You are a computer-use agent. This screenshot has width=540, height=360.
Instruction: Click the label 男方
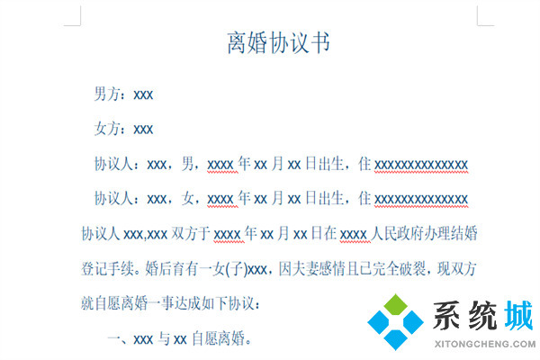coord(109,94)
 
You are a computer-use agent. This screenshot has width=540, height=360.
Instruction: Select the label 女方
coord(109,130)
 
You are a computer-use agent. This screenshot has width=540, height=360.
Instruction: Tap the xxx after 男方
coord(143,94)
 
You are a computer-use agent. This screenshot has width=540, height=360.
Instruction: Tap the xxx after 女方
coord(143,130)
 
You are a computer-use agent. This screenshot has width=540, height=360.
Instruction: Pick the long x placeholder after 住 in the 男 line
coord(421,165)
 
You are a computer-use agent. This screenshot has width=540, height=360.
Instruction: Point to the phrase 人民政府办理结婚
coord(424,233)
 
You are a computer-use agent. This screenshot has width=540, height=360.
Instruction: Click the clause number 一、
coord(119,338)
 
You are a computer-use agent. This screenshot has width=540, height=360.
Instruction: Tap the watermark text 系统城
coord(481,318)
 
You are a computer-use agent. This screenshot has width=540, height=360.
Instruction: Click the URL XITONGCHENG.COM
coord(481,344)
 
